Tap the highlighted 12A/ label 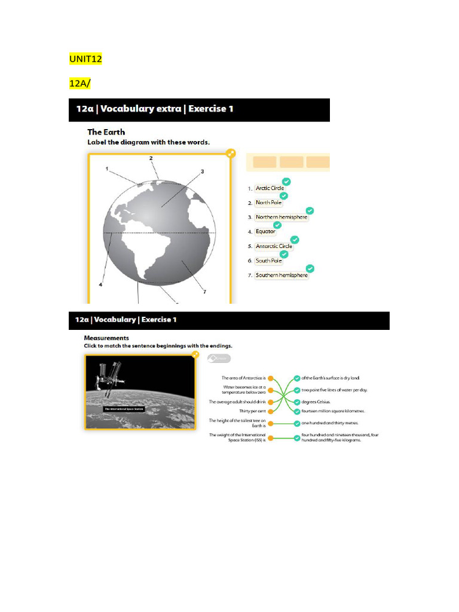pyautogui.click(x=80, y=84)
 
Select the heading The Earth pyautogui.click(x=106, y=132)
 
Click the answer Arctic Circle pyautogui.click(x=270, y=188)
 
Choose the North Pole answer pyautogui.click(x=268, y=203)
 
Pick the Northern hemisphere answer pyautogui.click(x=281, y=217)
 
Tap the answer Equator pyautogui.click(x=265, y=231)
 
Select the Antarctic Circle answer pyautogui.click(x=274, y=246)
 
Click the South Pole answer pyautogui.click(x=268, y=261)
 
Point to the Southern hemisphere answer pyautogui.click(x=281, y=276)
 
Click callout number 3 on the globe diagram pyautogui.click(x=202, y=172)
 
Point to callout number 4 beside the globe pyautogui.click(x=100, y=285)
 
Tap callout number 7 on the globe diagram pyautogui.click(x=204, y=292)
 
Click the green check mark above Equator pyautogui.click(x=277, y=225)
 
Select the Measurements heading pyautogui.click(x=106, y=338)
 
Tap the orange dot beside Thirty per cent pyautogui.click(x=271, y=411)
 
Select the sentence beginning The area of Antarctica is pyautogui.click(x=243, y=378)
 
